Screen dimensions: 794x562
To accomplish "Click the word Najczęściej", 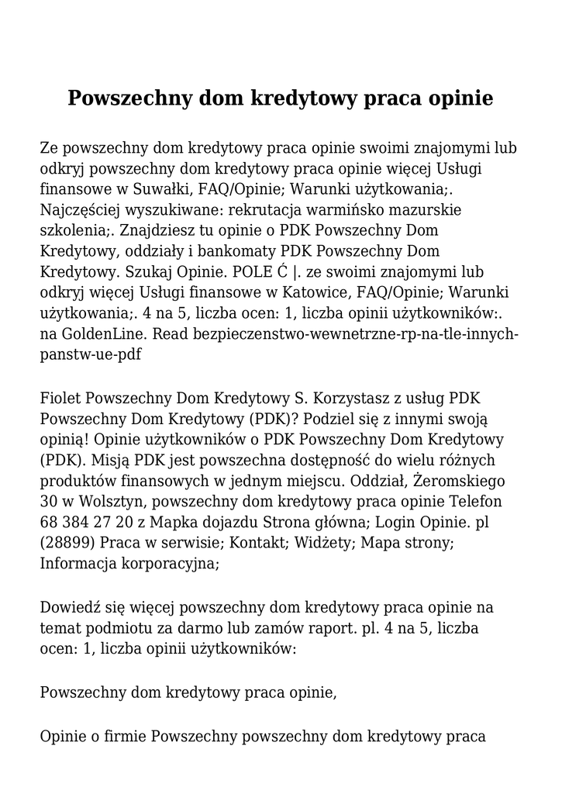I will click(x=81, y=210).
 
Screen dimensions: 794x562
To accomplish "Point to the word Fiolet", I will click(x=61, y=399).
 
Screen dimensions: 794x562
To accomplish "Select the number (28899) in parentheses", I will click(x=67, y=544).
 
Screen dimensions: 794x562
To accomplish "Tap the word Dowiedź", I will click(x=70, y=606).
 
